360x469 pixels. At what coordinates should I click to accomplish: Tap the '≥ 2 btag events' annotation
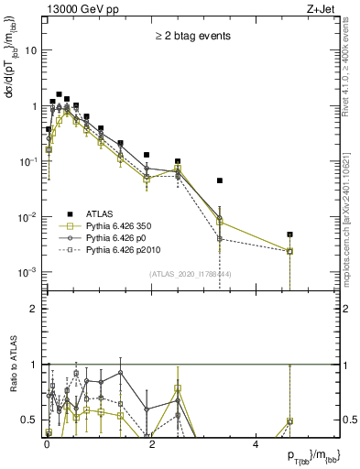[x=191, y=37]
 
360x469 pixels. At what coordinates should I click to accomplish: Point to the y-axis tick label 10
[x=30, y=50]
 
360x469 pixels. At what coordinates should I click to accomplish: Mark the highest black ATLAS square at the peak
[x=59, y=94]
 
